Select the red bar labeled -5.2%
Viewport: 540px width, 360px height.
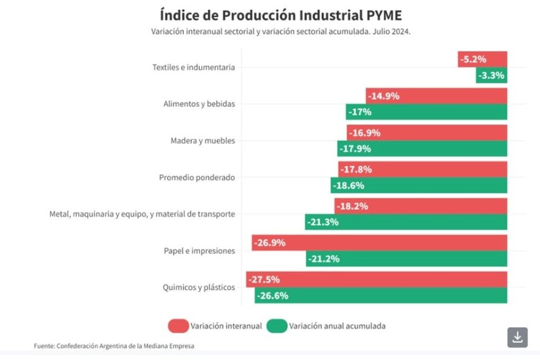click(483, 60)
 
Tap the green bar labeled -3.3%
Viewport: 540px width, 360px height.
click(492, 76)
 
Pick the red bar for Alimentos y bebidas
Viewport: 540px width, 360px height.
click(436, 96)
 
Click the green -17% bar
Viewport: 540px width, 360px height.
click(426, 112)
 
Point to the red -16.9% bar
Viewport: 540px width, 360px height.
click(427, 133)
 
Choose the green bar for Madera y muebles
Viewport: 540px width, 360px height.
click(423, 149)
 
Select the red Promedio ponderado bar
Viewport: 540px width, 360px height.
click(423, 169)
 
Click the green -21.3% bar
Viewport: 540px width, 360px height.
click(406, 222)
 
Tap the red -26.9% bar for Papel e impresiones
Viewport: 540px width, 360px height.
click(379, 243)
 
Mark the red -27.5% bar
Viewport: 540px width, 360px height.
click(377, 279)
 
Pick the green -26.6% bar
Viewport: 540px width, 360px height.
click(380, 295)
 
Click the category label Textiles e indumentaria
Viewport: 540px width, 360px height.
click(194, 68)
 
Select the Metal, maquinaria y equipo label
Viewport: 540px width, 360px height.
click(142, 214)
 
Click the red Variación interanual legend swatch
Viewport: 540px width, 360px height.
click(178, 326)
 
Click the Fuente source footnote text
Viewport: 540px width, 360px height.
click(118, 345)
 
